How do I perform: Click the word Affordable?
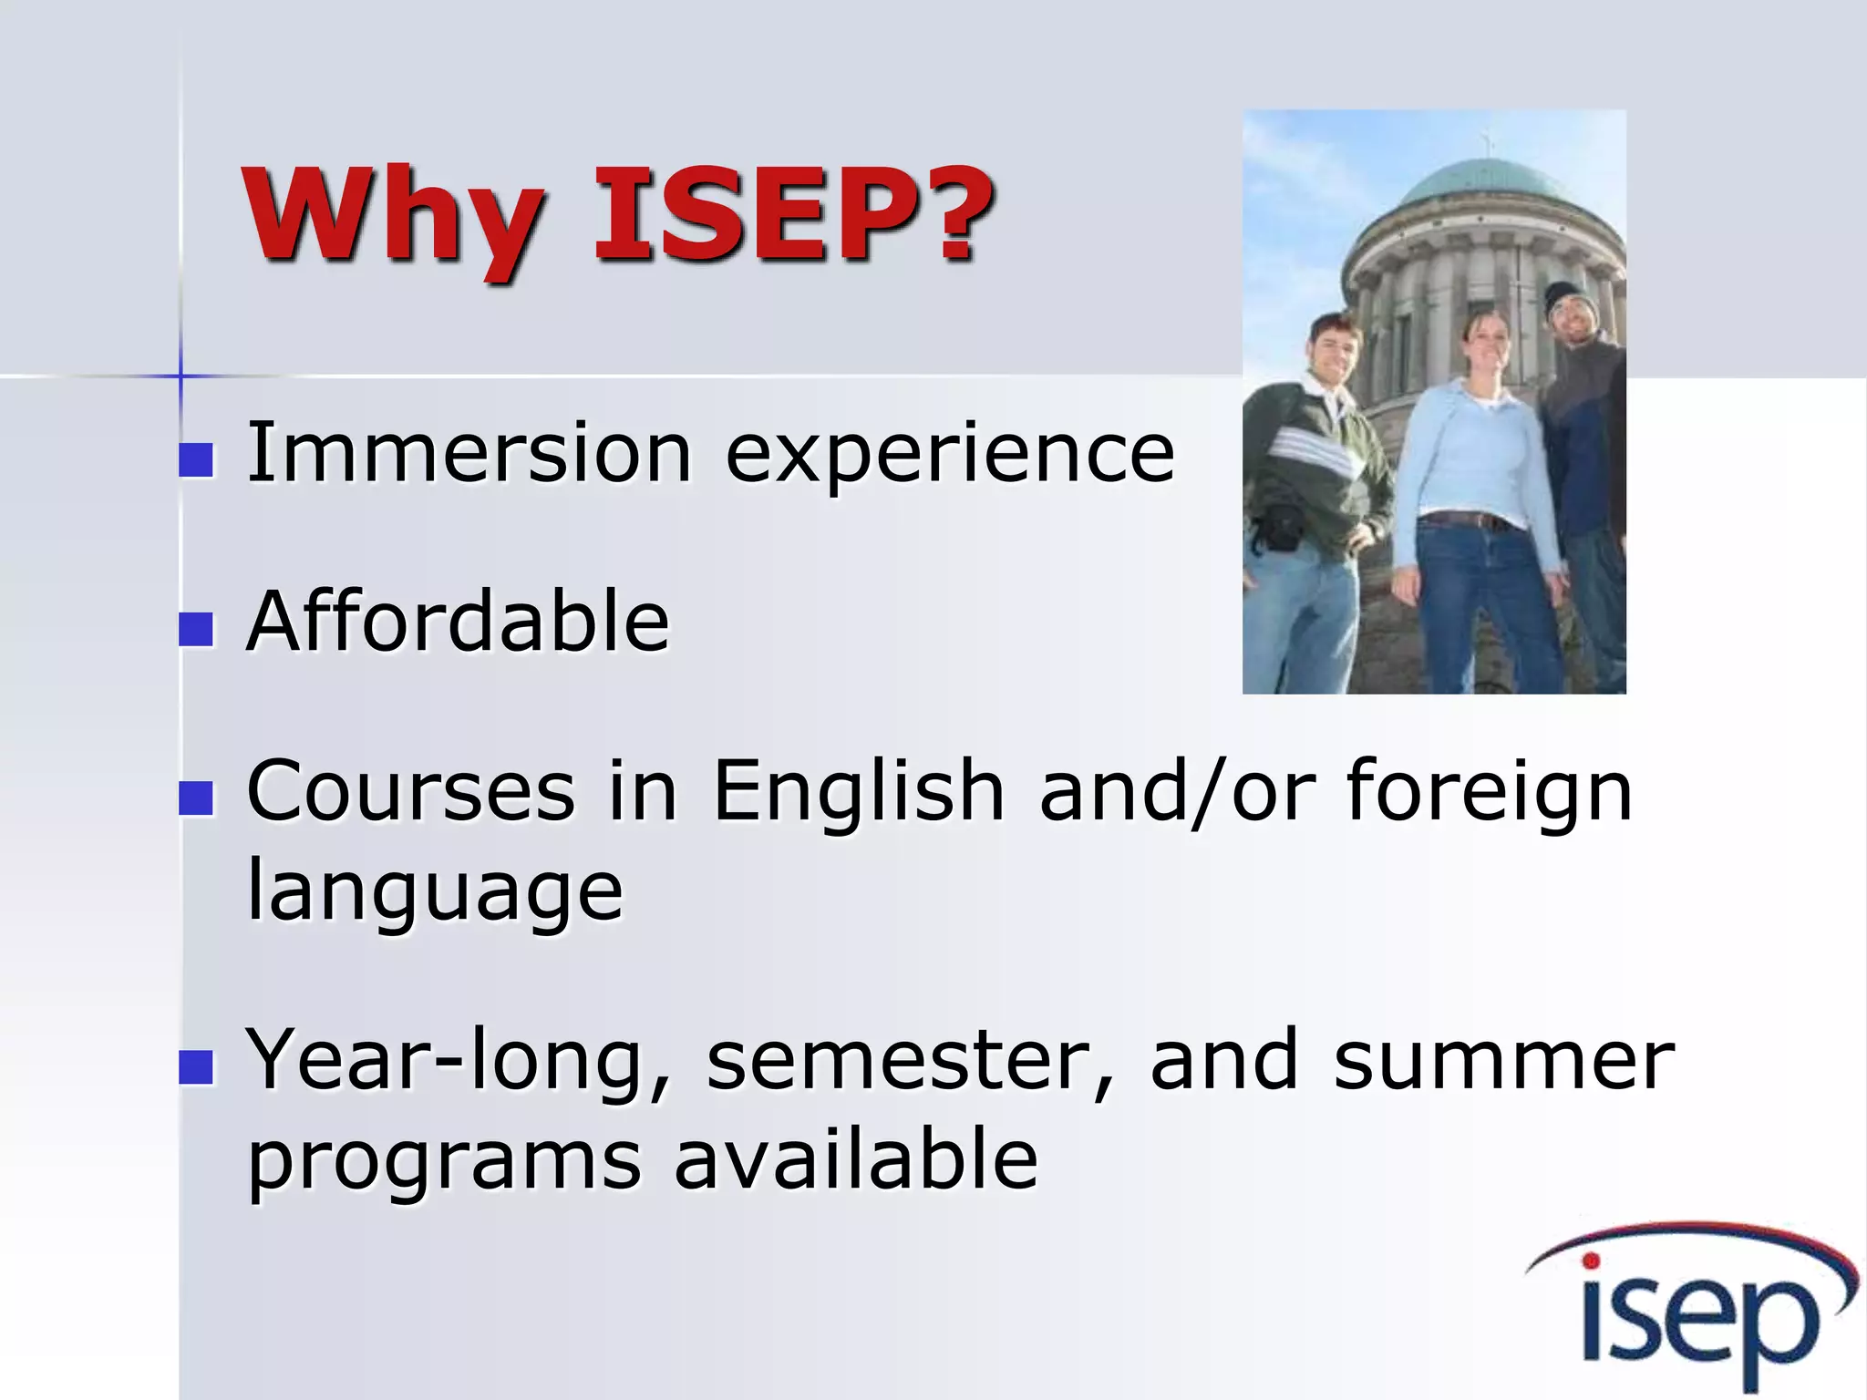click(x=459, y=622)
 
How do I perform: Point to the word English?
click(x=858, y=791)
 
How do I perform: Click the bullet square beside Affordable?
click(x=196, y=629)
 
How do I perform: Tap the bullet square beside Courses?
click(x=196, y=798)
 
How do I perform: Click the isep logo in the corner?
click(x=1696, y=1308)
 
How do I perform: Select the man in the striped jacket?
click(x=1313, y=474)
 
